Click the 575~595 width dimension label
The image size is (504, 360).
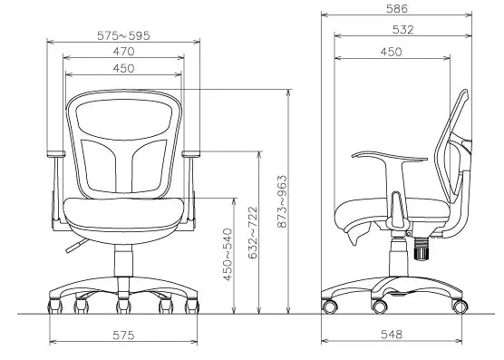(x=123, y=35)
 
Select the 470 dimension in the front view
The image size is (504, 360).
(x=124, y=52)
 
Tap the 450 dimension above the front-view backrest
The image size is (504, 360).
(x=124, y=69)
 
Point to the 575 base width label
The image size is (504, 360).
(x=123, y=336)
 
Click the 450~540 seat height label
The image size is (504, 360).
(x=228, y=255)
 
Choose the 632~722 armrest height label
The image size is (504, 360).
(x=253, y=233)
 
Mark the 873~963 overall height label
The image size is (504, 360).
(x=282, y=201)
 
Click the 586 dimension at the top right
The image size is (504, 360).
(x=397, y=9)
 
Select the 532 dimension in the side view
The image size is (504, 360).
(x=403, y=30)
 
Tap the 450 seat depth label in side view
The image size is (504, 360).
(x=392, y=52)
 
